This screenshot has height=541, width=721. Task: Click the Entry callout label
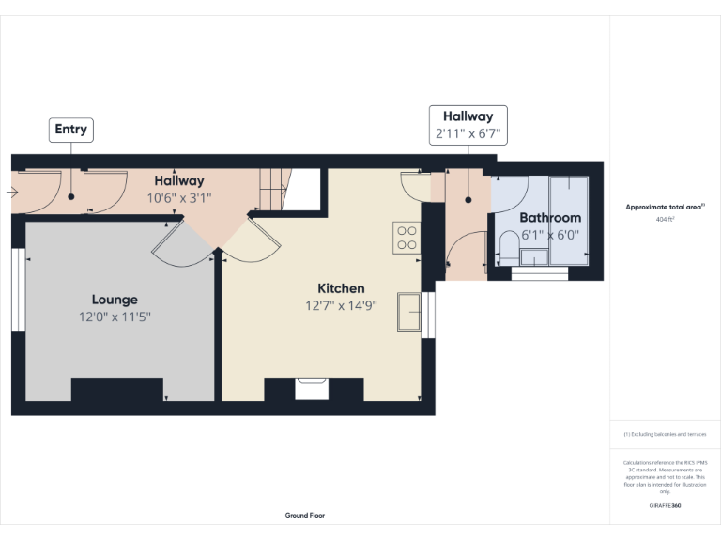coord(70,130)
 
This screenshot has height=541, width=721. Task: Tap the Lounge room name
coord(115,300)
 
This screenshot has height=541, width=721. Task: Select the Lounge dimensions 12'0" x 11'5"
coord(115,317)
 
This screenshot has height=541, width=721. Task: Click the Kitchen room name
coord(341,288)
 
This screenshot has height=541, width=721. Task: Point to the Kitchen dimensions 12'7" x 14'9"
coord(341,305)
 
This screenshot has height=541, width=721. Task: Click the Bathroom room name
coord(550,218)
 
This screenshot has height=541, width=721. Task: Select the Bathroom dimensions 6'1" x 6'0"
coord(550,235)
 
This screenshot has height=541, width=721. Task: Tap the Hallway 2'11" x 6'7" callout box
coord(468,125)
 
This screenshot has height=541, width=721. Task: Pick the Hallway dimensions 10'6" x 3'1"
coord(178,198)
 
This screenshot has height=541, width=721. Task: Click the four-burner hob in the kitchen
coord(407,238)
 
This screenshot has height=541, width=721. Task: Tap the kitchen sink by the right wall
coord(410,313)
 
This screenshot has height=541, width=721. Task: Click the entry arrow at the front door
coord(10,193)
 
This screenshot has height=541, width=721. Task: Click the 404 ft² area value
coord(665,219)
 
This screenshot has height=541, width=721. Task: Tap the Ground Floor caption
coord(305,515)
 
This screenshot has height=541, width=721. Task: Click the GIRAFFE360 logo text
coord(665,506)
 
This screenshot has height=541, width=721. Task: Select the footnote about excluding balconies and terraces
coord(665,434)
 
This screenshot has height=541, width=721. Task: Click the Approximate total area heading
coord(665,207)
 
